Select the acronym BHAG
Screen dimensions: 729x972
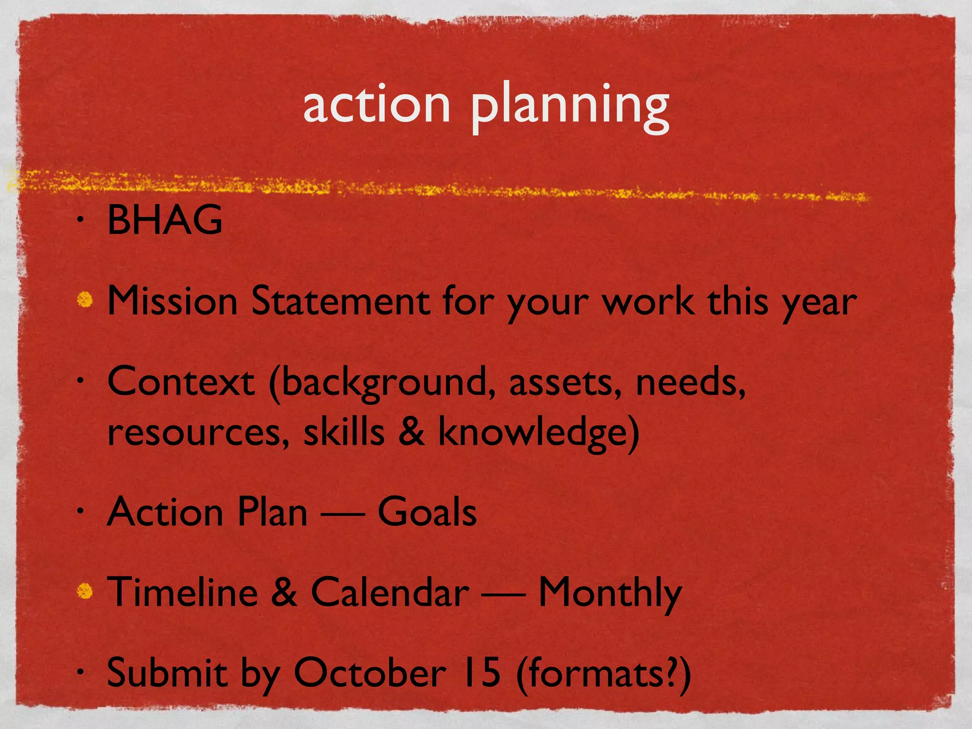pos(165,220)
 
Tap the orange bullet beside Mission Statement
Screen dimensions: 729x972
pos(85,299)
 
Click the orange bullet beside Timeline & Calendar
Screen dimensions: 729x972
pos(85,591)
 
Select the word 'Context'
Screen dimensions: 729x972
pos(181,382)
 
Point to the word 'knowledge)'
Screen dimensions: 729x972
pos(538,433)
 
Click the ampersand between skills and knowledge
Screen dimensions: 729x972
pos(411,431)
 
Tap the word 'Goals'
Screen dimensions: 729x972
pos(427,512)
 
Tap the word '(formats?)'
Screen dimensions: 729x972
pos(603,674)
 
